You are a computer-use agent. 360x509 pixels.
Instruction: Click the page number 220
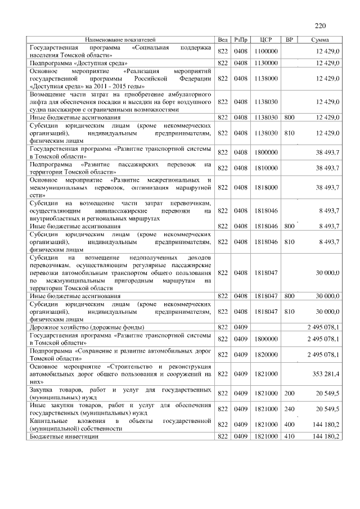(320, 25)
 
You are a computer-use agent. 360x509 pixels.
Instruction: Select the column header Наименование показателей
(120, 40)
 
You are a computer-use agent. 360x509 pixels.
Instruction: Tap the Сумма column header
(320, 40)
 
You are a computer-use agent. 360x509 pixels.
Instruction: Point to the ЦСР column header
(267, 40)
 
